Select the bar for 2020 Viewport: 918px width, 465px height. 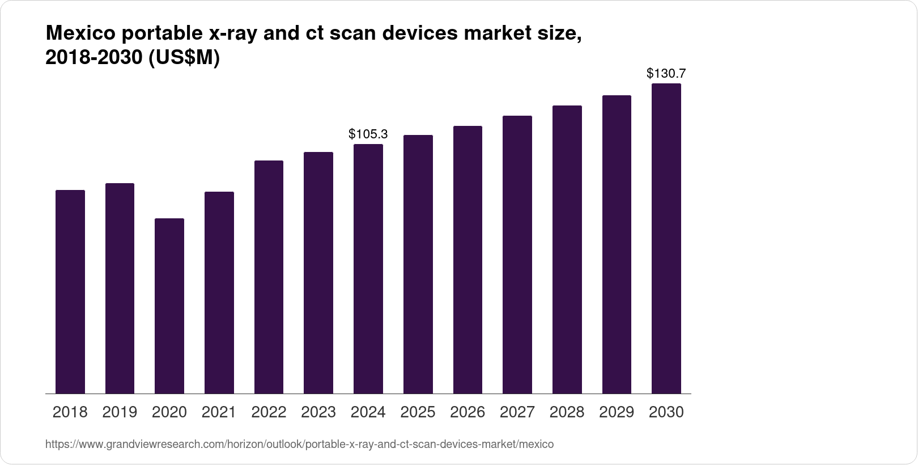pos(169,306)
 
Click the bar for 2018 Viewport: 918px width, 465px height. pos(70,292)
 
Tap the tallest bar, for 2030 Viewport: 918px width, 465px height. pos(666,239)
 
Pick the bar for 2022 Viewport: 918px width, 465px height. pos(269,277)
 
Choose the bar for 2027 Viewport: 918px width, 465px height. pos(517,255)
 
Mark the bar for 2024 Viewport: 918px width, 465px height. pos(368,269)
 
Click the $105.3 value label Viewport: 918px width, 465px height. pos(368,134)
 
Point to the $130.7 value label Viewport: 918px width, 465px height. pos(666,74)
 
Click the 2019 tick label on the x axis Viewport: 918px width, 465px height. pos(120,412)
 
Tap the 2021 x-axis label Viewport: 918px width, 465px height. pos(219,412)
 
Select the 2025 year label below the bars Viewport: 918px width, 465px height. pos(418,412)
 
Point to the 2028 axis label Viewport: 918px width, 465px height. pos(567,412)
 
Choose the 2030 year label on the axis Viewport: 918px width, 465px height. pos(666,412)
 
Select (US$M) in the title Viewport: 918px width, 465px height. pos(184,58)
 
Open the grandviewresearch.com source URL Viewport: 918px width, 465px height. pos(299,445)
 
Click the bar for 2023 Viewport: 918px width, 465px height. pos(318,273)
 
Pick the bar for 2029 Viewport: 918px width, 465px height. pos(617,244)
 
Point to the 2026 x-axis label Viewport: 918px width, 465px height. pos(468,412)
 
